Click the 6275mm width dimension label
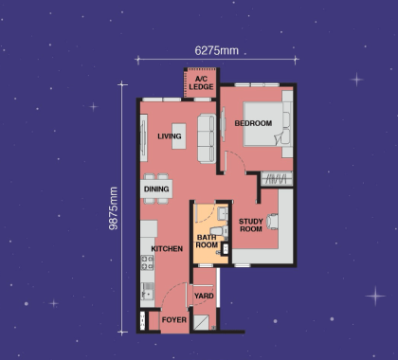click(217, 50)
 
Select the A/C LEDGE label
click(201, 83)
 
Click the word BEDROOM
click(253, 123)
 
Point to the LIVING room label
click(170, 136)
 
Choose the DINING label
click(156, 189)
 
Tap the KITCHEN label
click(167, 249)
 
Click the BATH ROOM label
click(207, 241)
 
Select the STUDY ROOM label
click(250, 225)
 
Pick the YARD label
click(204, 296)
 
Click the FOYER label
click(173, 320)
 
